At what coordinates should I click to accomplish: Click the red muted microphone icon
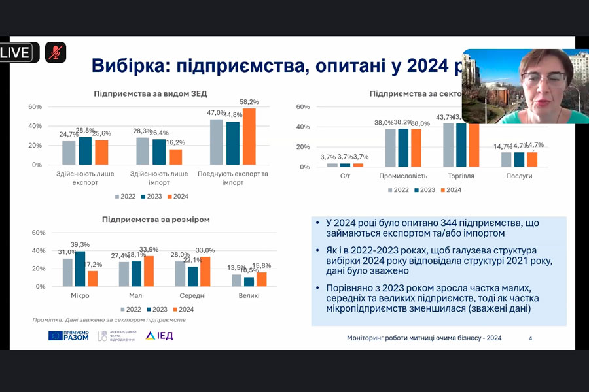click(56, 52)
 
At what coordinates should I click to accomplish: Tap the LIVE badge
click(18, 52)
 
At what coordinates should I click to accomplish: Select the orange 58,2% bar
click(249, 136)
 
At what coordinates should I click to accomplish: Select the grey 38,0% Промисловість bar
click(391, 148)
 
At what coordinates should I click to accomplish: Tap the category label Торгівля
click(462, 176)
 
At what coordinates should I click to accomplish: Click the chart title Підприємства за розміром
click(156, 220)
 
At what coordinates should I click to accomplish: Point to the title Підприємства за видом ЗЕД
click(151, 93)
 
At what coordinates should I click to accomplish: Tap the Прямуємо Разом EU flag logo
click(68, 336)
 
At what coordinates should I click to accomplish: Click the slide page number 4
click(530, 338)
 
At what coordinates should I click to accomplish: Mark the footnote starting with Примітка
click(109, 320)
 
